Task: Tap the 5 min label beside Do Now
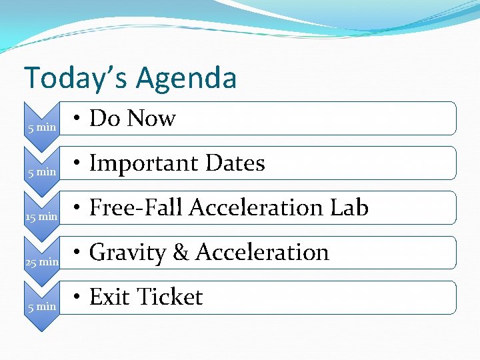pyautogui.click(x=42, y=127)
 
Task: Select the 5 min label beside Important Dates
pyautogui.click(x=42, y=171)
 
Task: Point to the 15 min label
pyautogui.click(x=41, y=217)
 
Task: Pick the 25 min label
pyautogui.click(x=41, y=262)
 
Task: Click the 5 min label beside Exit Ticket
pyautogui.click(x=42, y=307)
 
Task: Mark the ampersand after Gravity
pyautogui.click(x=181, y=253)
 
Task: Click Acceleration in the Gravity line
pyautogui.click(x=262, y=253)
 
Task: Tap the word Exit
pyautogui.click(x=109, y=297)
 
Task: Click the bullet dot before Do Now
pyautogui.click(x=78, y=119)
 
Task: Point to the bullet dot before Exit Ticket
pyautogui.click(x=78, y=298)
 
